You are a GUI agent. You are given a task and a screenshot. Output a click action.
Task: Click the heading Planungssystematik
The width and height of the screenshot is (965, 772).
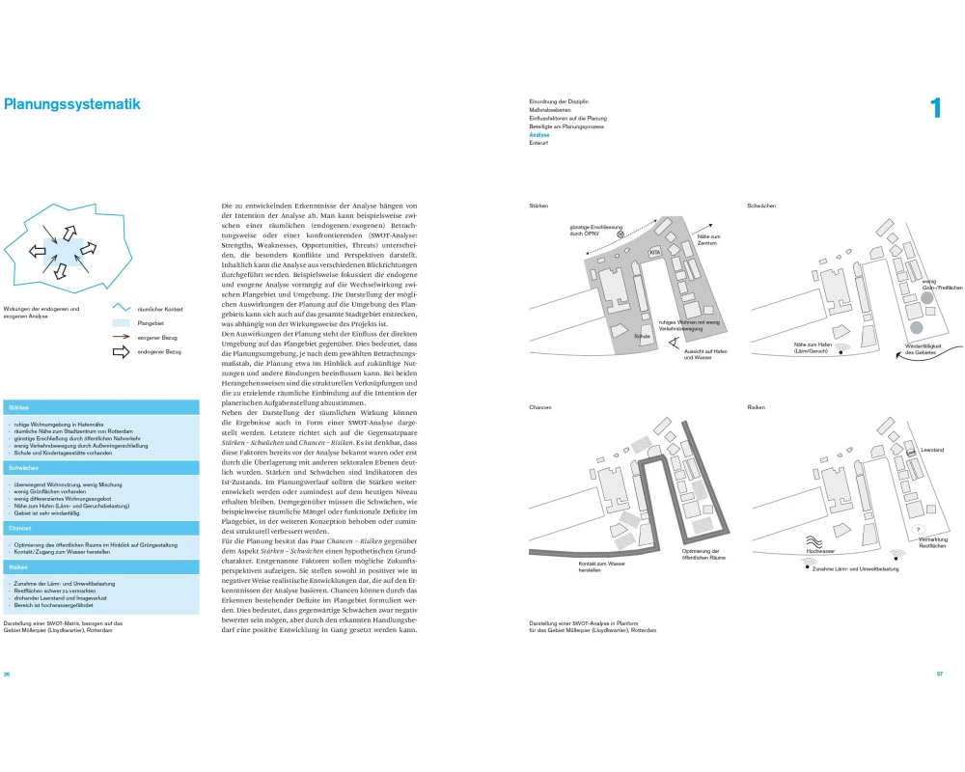click(72, 104)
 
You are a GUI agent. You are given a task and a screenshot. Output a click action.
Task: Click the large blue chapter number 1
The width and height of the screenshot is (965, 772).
click(934, 108)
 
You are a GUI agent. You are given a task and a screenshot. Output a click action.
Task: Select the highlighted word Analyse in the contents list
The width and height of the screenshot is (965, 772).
click(539, 135)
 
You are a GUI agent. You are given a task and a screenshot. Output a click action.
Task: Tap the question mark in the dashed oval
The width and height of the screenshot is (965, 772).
click(918, 528)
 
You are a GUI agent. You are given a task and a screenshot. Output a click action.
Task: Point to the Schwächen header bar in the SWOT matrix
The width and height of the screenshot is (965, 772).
click(100, 467)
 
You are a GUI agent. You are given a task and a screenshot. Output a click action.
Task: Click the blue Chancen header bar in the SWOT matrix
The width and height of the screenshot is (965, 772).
click(100, 529)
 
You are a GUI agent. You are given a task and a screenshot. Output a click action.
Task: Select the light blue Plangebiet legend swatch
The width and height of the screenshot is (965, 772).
click(122, 323)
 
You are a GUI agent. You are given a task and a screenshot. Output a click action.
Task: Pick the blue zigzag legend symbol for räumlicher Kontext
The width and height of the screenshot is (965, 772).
click(122, 308)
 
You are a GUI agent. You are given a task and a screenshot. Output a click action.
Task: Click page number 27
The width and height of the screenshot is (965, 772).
click(939, 674)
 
